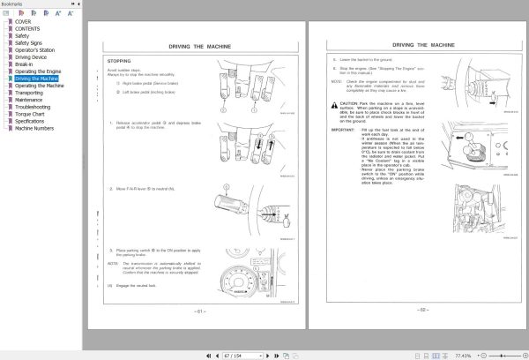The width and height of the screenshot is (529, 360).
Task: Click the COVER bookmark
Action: coord(23,21)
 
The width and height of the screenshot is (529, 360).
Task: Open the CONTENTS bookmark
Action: coord(27,28)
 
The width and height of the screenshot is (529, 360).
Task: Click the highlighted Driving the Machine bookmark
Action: coord(37,79)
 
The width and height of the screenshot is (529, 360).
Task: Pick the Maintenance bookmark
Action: coord(30,100)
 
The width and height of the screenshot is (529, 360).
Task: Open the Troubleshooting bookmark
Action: coord(34,107)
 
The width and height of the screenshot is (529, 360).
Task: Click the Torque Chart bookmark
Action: coord(31,114)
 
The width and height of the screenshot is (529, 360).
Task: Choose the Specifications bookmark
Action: coord(32,121)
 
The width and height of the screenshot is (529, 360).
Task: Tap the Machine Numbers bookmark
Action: coord(34,128)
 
